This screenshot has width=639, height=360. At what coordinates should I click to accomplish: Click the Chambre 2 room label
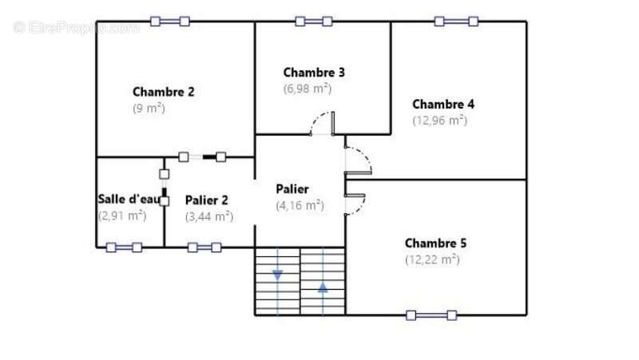164,92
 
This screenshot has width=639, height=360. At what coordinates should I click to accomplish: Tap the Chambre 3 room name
314,73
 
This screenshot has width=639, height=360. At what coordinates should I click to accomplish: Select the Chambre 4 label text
443,105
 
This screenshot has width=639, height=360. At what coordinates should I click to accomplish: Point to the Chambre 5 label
435,243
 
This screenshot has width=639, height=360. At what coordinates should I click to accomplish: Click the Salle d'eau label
129,199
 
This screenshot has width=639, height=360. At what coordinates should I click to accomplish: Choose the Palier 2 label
207,200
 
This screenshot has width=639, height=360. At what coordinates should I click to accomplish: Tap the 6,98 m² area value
308,89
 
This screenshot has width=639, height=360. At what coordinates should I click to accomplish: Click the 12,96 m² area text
440,121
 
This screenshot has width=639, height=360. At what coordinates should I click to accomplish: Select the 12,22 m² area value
432,259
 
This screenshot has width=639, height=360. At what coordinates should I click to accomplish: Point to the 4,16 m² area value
300,205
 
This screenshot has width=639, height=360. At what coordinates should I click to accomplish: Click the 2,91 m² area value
122,216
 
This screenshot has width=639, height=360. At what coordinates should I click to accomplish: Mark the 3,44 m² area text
209,216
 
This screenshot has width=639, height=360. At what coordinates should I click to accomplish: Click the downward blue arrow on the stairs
277,275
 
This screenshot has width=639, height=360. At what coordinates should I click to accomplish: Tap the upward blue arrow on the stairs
323,288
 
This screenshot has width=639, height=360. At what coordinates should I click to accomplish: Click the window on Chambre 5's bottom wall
431,315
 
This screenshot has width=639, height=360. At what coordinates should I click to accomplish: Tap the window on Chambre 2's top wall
170,22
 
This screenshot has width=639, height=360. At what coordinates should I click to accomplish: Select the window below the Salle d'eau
124,247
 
